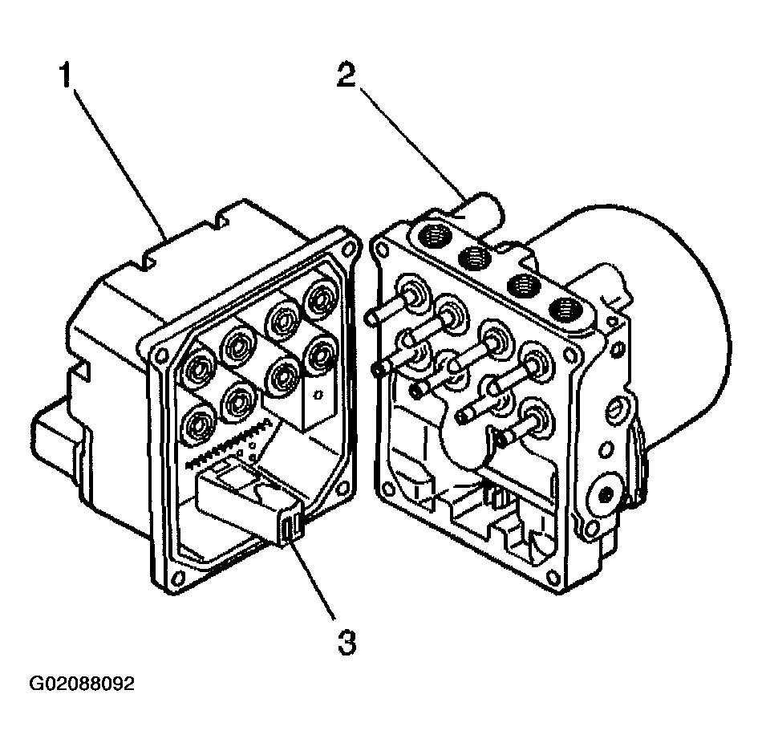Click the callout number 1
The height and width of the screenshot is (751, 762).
(x=65, y=75)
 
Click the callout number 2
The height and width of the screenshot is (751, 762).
(x=347, y=75)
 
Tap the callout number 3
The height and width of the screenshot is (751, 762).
(x=347, y=642)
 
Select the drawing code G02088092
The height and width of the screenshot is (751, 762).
(x=82, y=684)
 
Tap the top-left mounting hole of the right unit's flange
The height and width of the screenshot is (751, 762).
(x=382, y=250)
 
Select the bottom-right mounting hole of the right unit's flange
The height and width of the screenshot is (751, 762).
(x=553, y=577)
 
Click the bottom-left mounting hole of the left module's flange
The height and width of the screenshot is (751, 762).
(x=178, y=578)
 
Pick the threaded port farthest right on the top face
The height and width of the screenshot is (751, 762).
(x=565, y=310)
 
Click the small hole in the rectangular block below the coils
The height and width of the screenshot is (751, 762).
(x=318, y=394)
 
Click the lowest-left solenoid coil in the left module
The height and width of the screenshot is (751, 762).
(x=198, y=426)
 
